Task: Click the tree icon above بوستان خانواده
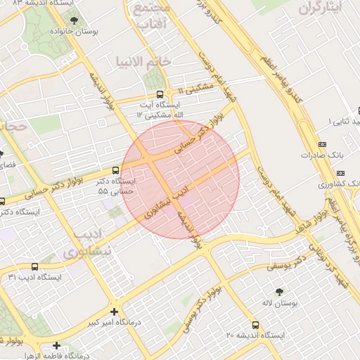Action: coord(74,20)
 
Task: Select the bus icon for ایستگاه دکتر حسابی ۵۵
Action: coord(116,170)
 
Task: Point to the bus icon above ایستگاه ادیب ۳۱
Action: coord(35,266)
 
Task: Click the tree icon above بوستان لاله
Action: coord(281,290)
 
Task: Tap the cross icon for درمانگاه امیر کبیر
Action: coord(114,311)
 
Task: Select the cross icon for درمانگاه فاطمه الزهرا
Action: coord(56,345)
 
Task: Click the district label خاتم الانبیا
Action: coord(145,62)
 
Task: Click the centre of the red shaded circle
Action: coord(181,179)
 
